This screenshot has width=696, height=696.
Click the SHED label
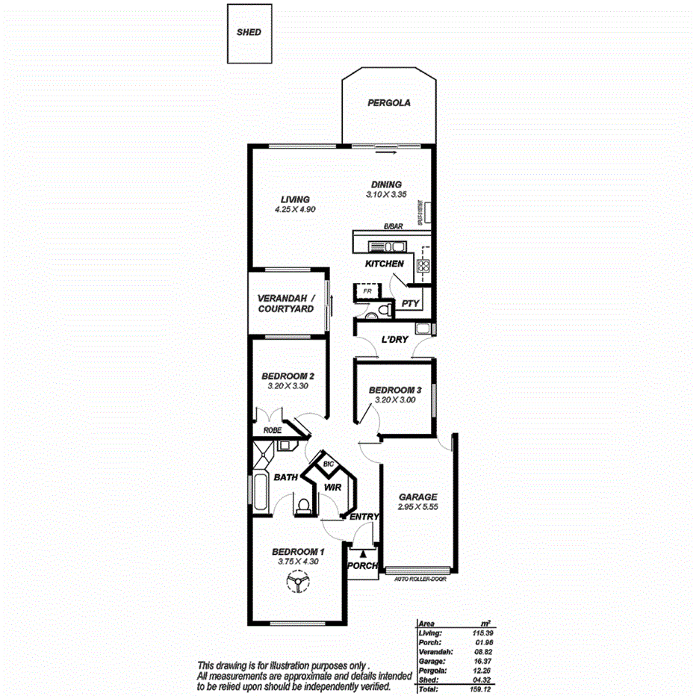coord(249,33)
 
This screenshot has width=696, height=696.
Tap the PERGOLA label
coord(389,104)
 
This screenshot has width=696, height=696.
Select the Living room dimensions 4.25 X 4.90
coord(295,211)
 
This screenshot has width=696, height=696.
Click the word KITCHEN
coord(385,264)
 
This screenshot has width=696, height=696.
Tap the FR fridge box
coord(367,291)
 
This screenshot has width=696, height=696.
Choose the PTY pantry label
coord(410,303)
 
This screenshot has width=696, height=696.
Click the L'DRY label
coord(394,340)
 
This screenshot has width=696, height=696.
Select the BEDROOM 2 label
coord(287,376)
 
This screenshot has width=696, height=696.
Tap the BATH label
coord(286,477)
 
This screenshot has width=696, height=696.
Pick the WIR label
coord(332,488)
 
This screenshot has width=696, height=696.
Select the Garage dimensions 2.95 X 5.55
coord(417,508)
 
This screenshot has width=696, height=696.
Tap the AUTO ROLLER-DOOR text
coord(416,578)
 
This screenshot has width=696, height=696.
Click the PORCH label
coord(363,565)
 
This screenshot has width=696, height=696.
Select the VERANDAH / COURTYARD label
coord(287,303)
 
